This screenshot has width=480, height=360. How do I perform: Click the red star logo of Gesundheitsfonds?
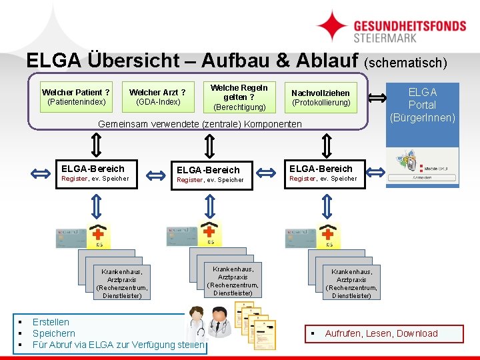[331, 26]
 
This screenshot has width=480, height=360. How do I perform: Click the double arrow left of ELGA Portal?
[378, 98]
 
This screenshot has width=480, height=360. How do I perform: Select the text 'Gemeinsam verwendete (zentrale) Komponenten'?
[200, 124]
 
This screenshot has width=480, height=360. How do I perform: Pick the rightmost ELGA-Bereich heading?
[321, 168]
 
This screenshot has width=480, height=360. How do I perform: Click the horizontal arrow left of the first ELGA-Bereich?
[41, 173]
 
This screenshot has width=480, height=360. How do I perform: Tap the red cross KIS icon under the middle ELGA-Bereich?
[211, 233]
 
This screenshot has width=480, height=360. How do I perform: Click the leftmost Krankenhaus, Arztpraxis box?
[122, 283]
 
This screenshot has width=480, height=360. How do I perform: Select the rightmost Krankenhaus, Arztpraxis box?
[351, 283]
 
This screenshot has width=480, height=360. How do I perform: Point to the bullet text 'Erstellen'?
[51, 322]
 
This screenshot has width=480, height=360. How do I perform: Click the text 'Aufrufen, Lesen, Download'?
[381, 333]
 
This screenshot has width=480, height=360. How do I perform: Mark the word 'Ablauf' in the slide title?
[317, 61]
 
